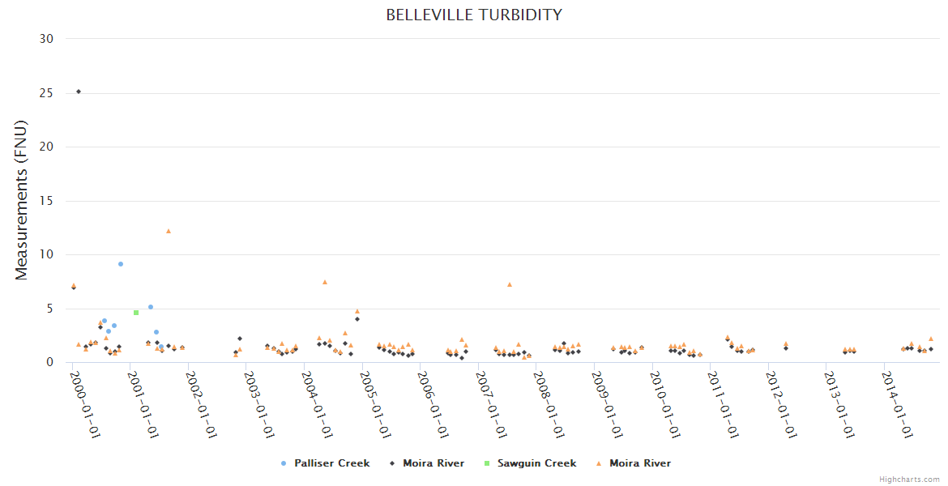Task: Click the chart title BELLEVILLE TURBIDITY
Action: (474, 15)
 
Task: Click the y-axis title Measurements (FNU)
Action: (22, 200)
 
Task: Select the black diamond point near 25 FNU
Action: (79, 92)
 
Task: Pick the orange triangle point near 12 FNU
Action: (169, 231)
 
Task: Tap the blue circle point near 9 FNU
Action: (121, 264)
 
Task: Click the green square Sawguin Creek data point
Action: (136, 313)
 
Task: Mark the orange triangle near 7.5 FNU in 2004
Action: (325, 282)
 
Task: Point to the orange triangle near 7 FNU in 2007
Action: (510, 284)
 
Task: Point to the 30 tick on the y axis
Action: (47, 39)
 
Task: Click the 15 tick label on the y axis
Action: (47, 201)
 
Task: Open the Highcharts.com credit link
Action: (909, 480)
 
